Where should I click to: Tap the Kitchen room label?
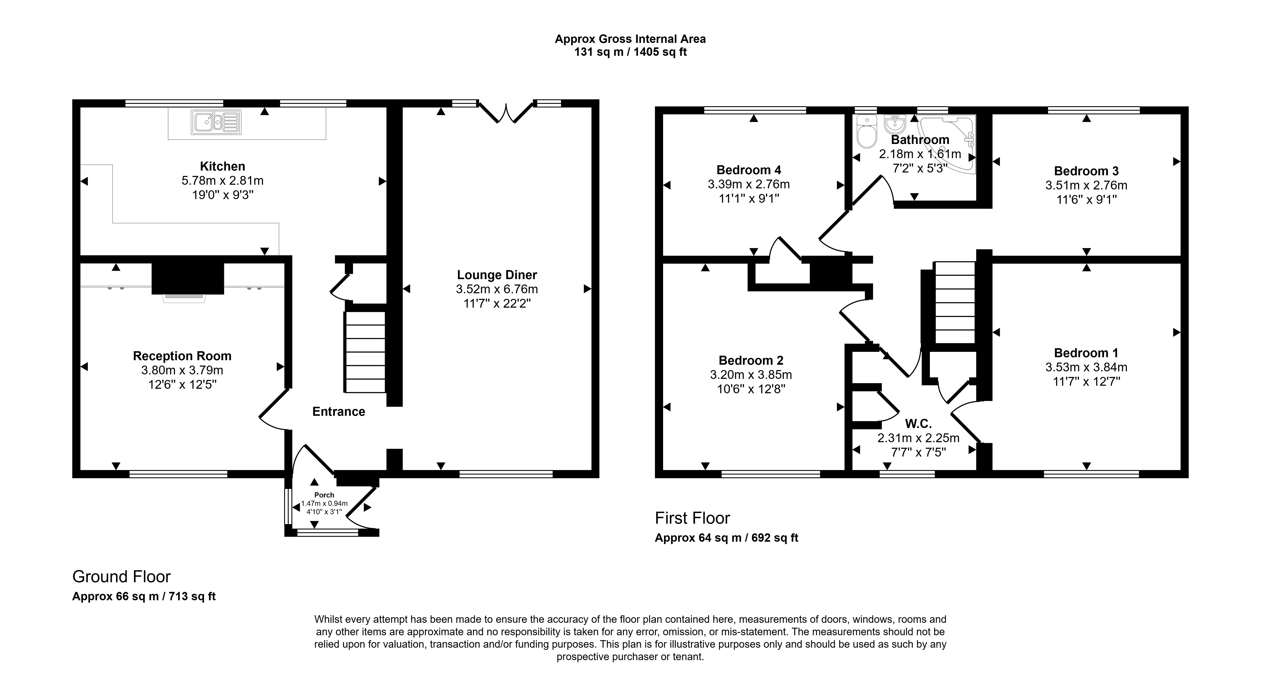tap(222, 166)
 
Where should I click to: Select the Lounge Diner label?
tap(497, 275)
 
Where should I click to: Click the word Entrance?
tap(339, 412)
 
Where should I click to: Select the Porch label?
tap(324, 495)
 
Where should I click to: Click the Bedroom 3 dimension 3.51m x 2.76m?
tap(1086, 186)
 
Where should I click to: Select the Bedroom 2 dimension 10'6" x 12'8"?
tap(750, 389)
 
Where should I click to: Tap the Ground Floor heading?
tap(121, 577)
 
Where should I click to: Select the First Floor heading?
tap(692, 518)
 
